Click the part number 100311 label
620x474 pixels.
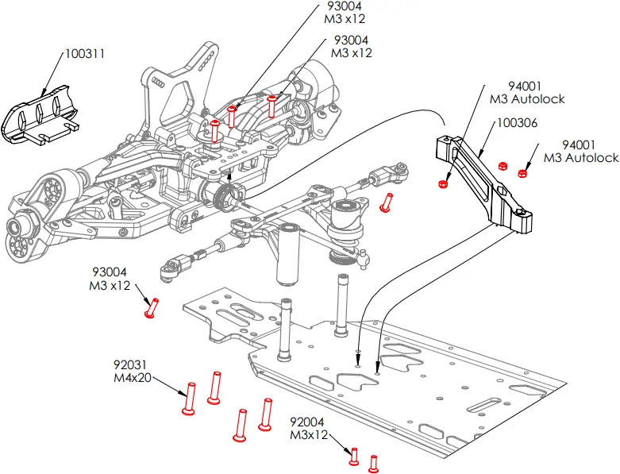point(85,54)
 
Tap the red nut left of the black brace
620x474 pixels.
point(443,183)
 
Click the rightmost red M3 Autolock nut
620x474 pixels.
point(522,173)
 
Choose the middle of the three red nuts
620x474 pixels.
point(502,166)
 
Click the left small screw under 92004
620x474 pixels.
point(354,457)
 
